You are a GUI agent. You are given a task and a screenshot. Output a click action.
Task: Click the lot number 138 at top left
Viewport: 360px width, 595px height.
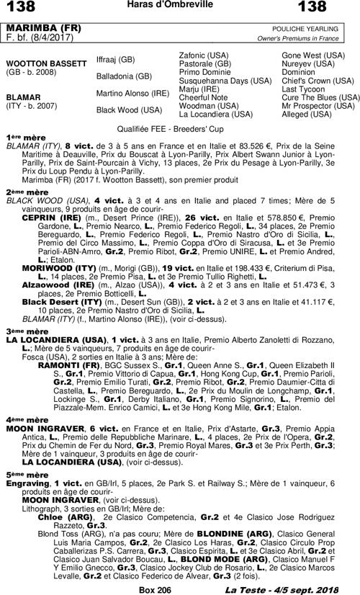[21, 8]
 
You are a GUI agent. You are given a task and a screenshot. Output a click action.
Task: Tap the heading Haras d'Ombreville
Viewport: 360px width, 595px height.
[179, 6]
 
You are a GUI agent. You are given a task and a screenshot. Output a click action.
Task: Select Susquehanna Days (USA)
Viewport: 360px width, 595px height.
[224, 80]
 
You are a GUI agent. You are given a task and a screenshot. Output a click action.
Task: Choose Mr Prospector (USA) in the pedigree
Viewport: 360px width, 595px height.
[318, 105]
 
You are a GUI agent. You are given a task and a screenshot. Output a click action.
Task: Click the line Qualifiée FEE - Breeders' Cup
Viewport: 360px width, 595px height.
[179, 125]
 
